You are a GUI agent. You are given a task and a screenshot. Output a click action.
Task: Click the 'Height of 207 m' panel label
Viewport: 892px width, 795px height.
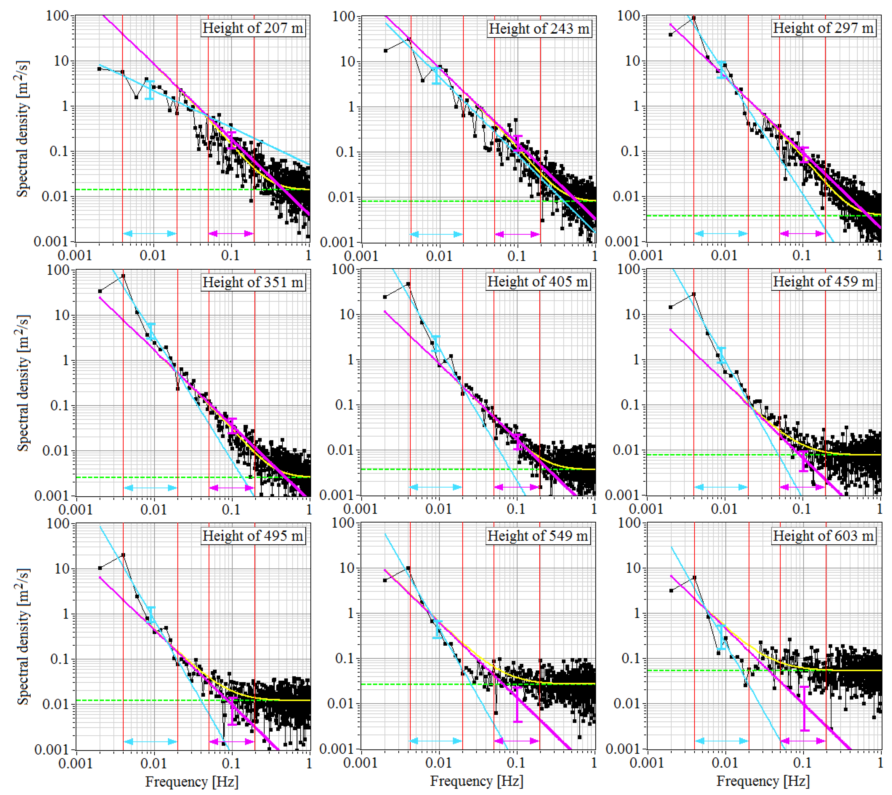(253, 28)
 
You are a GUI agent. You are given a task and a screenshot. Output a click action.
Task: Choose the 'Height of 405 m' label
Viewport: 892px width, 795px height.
(538, 282)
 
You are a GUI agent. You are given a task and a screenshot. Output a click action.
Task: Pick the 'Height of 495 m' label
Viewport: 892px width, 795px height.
(253, 536)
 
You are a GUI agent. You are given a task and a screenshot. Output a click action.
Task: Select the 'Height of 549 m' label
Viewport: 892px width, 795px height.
(538, 536)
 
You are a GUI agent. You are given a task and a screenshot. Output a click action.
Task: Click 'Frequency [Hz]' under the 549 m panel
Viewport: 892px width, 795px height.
(476, 781)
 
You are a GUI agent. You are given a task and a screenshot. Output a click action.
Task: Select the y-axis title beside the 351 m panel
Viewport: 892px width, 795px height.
(23, 383)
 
